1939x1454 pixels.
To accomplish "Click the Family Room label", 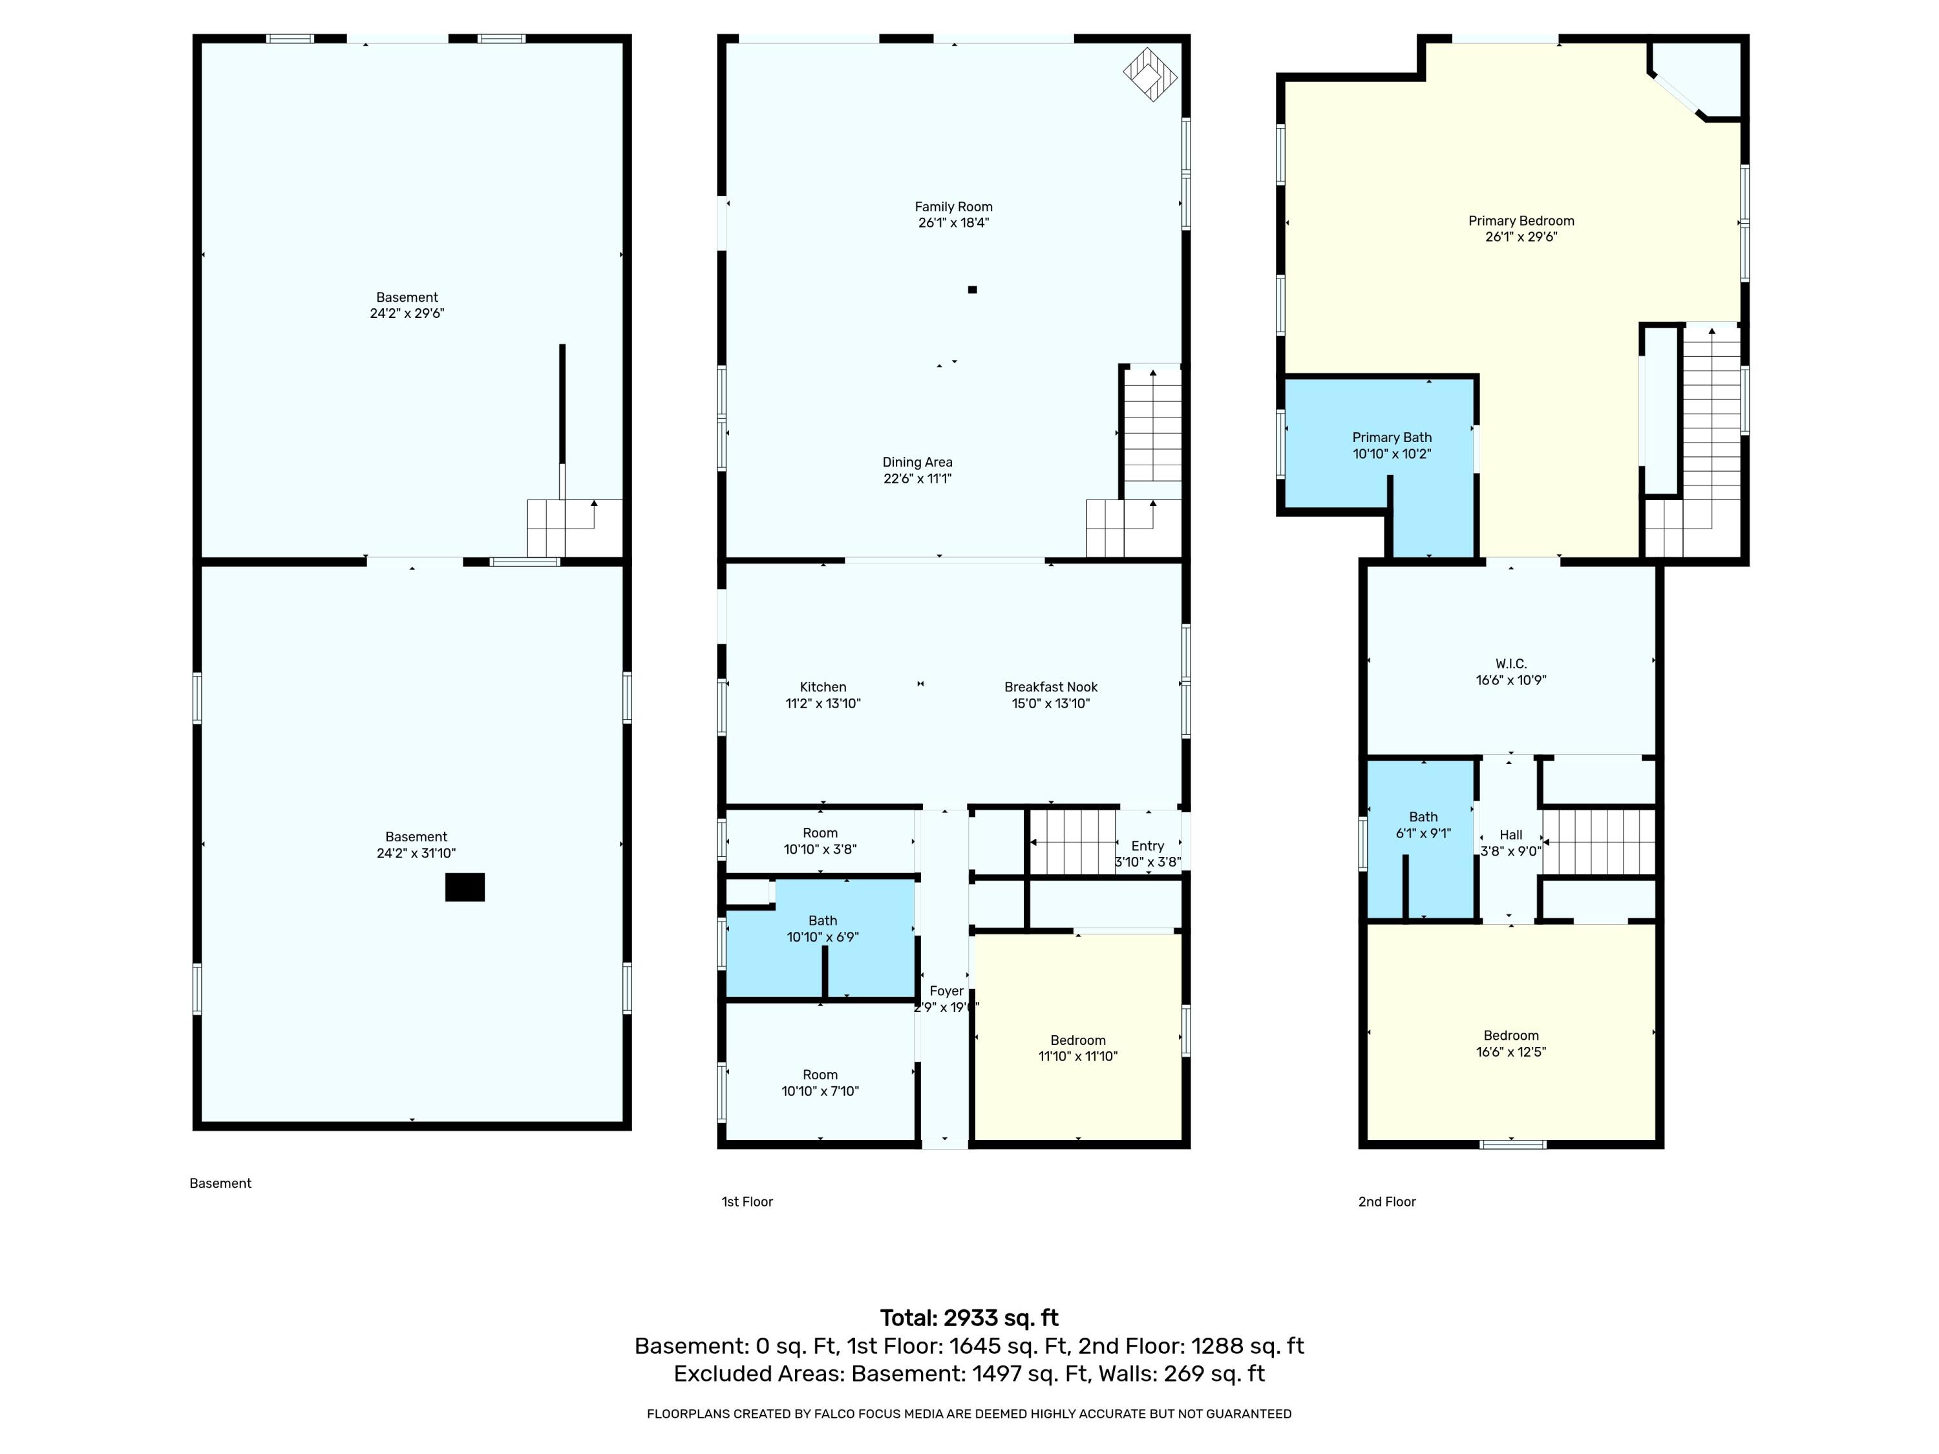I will coord(954,207).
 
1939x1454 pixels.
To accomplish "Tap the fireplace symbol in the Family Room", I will coord(1150,74).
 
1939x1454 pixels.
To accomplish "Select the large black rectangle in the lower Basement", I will coord(465,887).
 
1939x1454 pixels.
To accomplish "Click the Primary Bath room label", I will coord(1392,437).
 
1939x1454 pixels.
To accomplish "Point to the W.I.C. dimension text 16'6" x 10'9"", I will coord(1510,680).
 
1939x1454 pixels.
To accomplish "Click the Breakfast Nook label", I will coord(1050,687).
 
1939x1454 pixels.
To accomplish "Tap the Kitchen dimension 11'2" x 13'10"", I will coord(823,703).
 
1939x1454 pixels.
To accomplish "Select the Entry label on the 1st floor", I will coord(1147,846).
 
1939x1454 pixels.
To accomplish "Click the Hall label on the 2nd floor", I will coord(1510,834).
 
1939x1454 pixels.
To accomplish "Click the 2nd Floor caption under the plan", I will coord(1387,1201).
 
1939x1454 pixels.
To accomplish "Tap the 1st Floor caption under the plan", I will coord(747,1201).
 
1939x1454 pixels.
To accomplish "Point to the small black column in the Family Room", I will coord(972,290).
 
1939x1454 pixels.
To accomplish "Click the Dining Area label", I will coord(917,462).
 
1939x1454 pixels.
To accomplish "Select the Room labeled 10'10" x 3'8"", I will coord(820,841).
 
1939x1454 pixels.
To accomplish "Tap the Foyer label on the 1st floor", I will coord(947,991).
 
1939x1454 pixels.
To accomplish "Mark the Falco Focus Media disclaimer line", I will coord(969,1414).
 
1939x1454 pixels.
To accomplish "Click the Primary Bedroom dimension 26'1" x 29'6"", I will coord(1521,237).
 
